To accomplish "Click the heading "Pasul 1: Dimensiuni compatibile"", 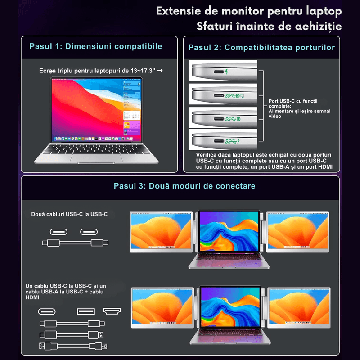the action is click(x=96, y=46).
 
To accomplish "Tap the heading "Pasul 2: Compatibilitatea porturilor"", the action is click(x=261, y=48).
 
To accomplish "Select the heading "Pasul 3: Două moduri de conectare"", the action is click(x=184, y=186).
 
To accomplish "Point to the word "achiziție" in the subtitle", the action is click(x=318, y=27).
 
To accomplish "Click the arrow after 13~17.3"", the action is click(x=160, y=71).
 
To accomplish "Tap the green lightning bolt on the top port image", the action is click(x=227, y=72).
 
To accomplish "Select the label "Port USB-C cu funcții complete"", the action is click(x=293, y=103).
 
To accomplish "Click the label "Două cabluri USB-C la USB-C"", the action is click(x=69, y=214).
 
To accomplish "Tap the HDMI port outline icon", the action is click(x=112, y=311).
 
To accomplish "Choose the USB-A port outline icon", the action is click(x=86, y=311).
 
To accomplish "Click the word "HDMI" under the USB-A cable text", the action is click(x=32, y=297).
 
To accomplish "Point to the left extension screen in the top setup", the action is click(x=161, y=232).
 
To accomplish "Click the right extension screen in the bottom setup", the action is click(x=299, y=307).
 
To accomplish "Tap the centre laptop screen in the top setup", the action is click(x=229, y=230).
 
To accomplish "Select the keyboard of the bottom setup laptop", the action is click(x=230, y=333).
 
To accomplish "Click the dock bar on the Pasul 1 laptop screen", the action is click(x=94, y=139).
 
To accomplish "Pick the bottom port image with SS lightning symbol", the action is click(x=223, y=139).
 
